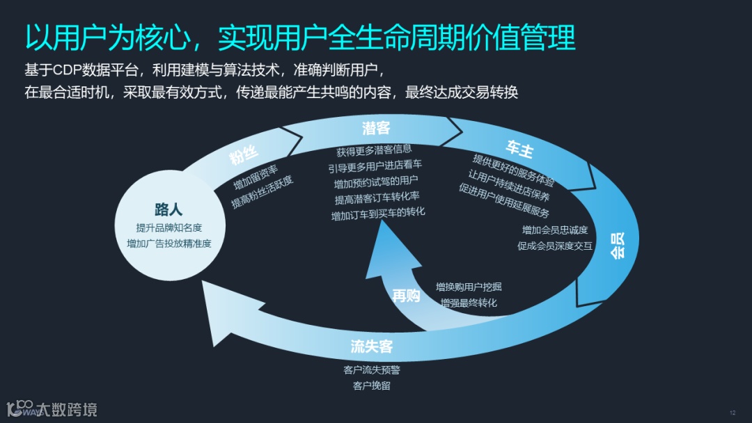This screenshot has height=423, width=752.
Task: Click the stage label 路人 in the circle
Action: click(x=169, y=210)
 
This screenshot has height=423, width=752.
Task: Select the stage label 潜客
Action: click(x=376, y=128)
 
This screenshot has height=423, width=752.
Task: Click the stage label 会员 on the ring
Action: click(x=617, y=245)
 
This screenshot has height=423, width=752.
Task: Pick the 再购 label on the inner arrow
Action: click(x=406, y=296)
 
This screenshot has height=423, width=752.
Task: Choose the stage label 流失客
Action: click(x=372, y=346)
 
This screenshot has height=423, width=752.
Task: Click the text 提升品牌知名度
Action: click(x=169, y=228)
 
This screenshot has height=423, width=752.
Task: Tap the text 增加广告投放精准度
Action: click(x=169, y=244)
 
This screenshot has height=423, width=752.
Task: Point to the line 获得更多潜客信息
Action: click(x=374, y=150)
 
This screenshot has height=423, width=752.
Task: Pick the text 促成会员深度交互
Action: click(x=555, y=245)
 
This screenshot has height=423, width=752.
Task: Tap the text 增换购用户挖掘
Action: click(x=469, y=287)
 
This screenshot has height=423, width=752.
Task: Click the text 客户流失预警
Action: click(x=372, y=370)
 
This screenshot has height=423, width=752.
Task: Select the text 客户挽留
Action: click(x=372, y=385)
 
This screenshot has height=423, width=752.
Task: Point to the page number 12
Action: click(x=733, y=412)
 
